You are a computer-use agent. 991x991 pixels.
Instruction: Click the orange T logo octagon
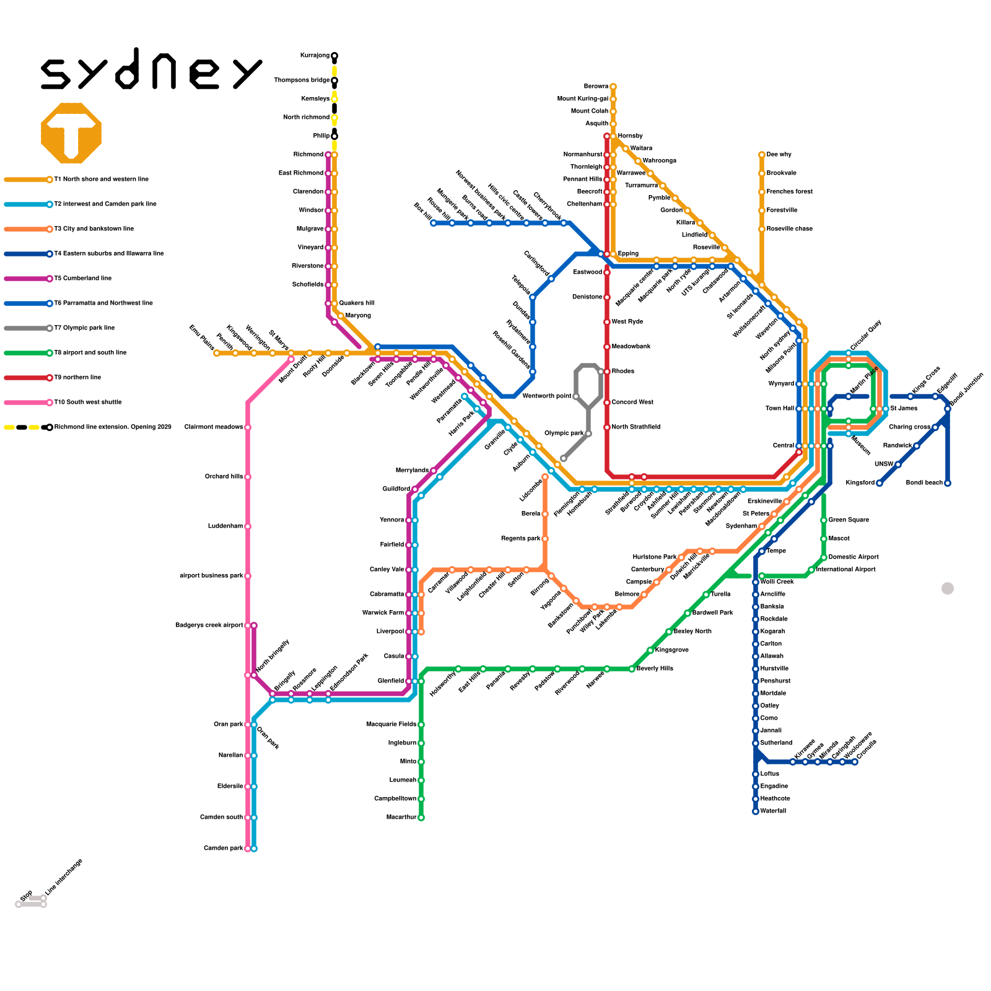(71, 133)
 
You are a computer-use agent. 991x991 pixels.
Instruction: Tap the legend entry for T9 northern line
(77, 378)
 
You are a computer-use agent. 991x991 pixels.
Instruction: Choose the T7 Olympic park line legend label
(84, 328)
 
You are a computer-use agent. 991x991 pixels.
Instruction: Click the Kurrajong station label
(315, 56)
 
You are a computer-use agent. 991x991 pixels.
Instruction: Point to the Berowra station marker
(613, 87)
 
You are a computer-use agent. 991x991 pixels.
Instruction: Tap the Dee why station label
(779, 155)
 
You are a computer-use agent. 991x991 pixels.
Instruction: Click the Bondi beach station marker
(948, 483)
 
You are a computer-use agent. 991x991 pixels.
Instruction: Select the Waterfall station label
(773, 811)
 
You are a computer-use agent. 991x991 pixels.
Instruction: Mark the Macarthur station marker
(421, 818)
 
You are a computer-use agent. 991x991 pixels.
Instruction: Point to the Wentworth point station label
(546, 396)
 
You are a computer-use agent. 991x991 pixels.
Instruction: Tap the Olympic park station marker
(588, 434)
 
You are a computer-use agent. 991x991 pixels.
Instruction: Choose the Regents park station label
(520, 539)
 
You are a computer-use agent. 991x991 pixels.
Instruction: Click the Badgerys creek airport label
(209, 626)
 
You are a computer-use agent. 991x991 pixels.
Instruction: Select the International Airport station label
(845, 570)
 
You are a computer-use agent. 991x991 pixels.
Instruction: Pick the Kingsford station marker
(880, 483)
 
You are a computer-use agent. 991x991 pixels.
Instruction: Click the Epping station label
(628, 254)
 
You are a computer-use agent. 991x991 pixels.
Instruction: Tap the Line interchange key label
(64, 878)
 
